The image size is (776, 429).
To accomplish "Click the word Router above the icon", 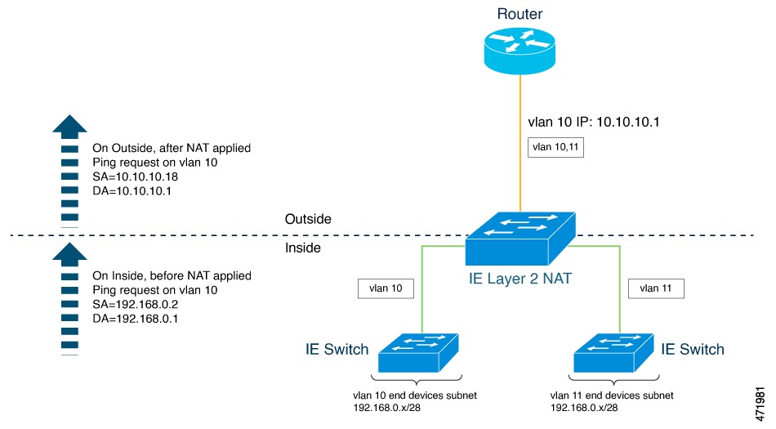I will click(519, 14).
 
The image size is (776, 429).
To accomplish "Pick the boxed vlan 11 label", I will click(656, 288).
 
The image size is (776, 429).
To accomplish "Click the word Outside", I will click(310, 219).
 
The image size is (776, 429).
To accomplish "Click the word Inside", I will click(303, 248).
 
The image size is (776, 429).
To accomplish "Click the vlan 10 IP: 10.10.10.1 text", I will click(595, 121).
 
